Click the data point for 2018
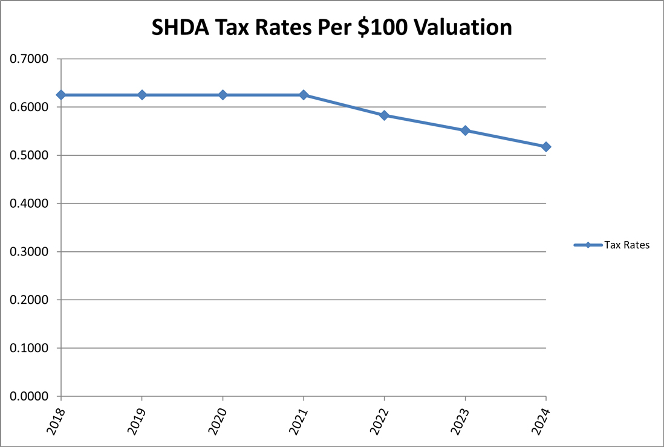(60, 95)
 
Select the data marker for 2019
(142, 95)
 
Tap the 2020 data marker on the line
(223, 95)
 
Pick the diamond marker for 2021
(304, 95)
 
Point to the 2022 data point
(384, 115)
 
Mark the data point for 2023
(465, 130)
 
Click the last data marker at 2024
(546, 147)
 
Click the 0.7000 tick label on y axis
(30, 59)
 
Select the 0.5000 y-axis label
(30, 155)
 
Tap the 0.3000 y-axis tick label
(30, 252)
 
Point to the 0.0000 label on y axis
(30, 396)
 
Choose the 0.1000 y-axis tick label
(30, 348)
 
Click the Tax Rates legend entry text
(627, 245)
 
